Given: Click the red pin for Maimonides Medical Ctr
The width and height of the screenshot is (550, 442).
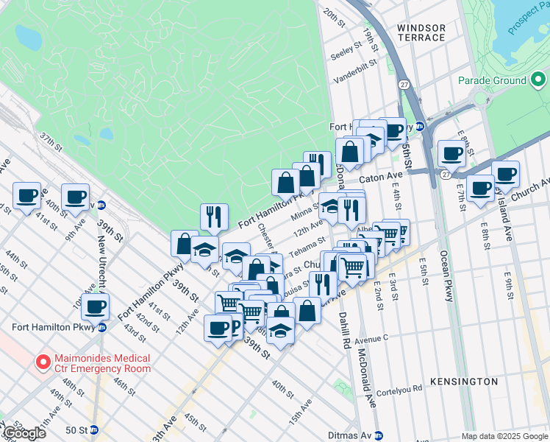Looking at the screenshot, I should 43,362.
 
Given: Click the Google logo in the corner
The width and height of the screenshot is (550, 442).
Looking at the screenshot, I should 24,433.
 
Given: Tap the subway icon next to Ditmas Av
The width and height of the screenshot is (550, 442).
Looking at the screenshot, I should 379,435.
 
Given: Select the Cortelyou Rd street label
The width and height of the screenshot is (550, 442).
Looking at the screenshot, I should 399,390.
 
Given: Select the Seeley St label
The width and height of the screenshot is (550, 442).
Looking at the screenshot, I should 347,54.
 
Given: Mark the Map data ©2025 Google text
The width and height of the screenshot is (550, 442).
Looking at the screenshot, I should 504,436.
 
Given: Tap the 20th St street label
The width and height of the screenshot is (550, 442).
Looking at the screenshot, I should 334,18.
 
